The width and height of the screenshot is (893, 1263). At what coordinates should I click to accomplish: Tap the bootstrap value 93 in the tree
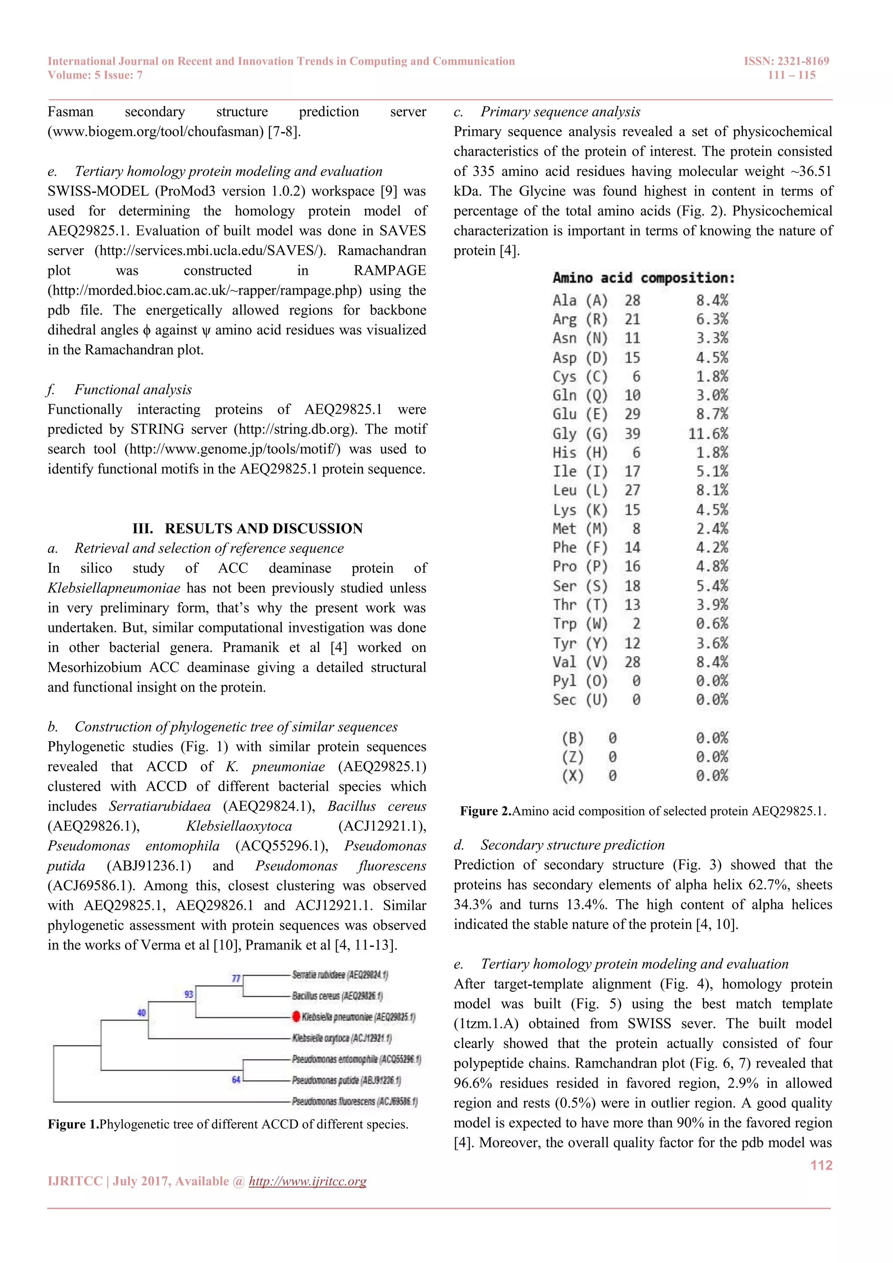189,994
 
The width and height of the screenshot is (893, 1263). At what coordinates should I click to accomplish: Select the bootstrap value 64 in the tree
236,1079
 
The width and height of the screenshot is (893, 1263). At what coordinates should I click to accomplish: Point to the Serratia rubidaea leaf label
340,975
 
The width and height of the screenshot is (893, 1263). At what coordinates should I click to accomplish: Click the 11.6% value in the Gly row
708,434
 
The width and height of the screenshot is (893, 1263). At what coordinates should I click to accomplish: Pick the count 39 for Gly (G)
632,434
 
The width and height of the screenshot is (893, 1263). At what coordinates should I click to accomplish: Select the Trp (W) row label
579,623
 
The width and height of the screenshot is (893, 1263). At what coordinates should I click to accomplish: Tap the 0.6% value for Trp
712,623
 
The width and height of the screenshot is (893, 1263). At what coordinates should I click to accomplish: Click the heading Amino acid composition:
643,278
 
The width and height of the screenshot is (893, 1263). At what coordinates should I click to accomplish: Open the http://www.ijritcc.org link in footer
307,1181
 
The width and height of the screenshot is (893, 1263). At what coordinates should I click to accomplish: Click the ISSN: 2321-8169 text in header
786,61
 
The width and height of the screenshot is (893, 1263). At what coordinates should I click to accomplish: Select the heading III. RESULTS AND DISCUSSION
247,528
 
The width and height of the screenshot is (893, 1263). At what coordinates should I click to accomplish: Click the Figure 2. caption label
486,811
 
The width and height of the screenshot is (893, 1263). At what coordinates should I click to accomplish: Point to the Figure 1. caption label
73,1124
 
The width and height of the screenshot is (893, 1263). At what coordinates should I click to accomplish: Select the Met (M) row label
579,529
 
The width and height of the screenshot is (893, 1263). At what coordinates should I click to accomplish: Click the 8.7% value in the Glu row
712,414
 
